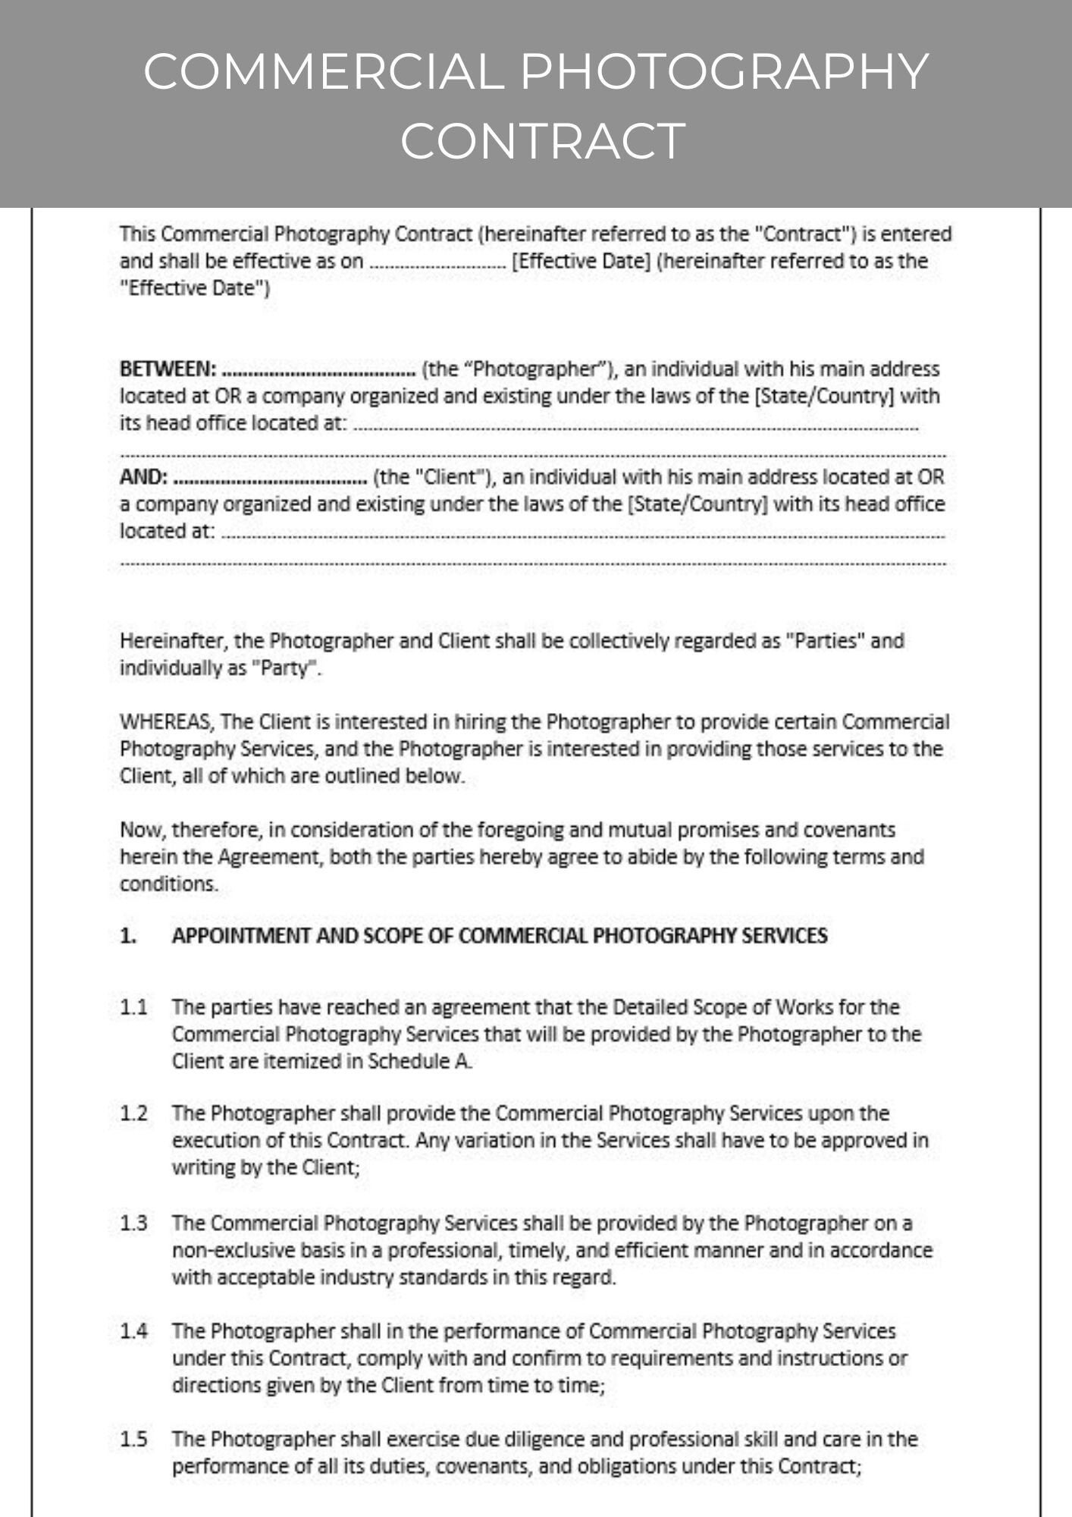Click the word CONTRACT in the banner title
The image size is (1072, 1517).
pos(543,141)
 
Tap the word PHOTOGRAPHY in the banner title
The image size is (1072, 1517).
pos(723,71)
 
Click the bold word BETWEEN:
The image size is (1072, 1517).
pos(168,369)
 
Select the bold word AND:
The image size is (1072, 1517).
pos(144,477)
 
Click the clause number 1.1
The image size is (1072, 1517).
pos(133,1007)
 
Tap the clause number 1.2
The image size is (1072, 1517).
pos(133,1113)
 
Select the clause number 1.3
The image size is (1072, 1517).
pos(133,1223)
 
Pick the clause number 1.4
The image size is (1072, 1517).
pos(133,1330)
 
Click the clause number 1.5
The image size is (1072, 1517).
pos(133,1439)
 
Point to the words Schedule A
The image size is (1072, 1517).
pos(419,1061)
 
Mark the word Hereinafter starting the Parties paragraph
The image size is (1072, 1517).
pos(173,641)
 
